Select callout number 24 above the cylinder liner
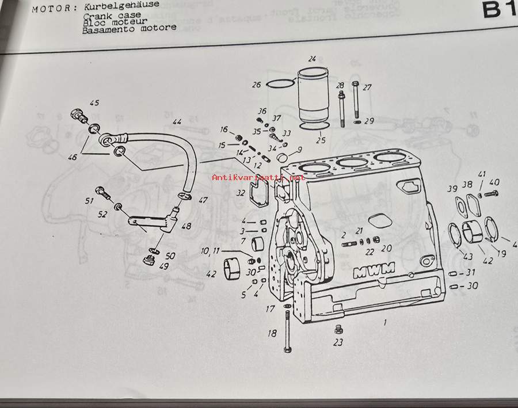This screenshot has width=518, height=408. [x=312, y=59]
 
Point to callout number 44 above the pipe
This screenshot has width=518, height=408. [x=177, y=122]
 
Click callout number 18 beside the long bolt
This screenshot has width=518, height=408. [x=272, y=333]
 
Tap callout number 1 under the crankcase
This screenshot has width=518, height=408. [x=385, y=322]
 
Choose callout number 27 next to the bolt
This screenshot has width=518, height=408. [x=367, y=87]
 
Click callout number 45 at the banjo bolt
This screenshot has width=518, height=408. [x=94, y=103]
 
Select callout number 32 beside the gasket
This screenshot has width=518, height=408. [x=241, y=193]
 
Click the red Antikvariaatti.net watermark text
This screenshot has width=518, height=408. [x=258, y=178]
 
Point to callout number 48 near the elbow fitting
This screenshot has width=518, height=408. [x=186, y=226]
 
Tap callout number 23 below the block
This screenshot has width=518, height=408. [x=338, y=342]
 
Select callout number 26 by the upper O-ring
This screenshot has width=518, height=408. [x=256, y=85]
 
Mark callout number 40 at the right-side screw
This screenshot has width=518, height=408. [x=494, y=182]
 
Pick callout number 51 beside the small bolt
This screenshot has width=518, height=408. [x=89, y=201]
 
